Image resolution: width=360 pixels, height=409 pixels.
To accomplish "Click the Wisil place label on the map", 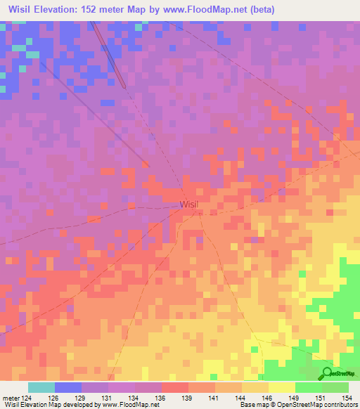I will (189, 204).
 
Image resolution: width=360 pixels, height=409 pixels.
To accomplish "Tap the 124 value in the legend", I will (25, 398).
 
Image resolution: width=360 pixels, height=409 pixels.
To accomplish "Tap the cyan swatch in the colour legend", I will (41, 387).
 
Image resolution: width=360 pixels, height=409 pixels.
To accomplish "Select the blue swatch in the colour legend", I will (67, 387).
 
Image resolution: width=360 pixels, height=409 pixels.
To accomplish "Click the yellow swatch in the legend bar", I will (281, 387).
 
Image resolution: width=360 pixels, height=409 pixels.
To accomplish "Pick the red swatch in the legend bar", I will (174, 387).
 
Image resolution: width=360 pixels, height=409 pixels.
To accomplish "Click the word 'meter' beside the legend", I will (10, 398).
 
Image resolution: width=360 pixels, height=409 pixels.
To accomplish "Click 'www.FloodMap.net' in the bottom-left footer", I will (131, 405).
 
